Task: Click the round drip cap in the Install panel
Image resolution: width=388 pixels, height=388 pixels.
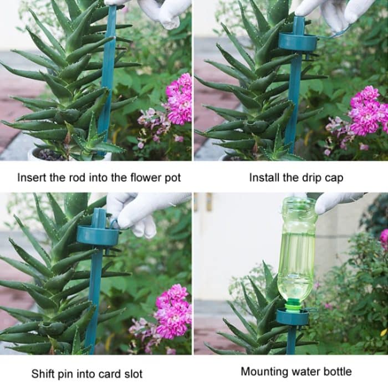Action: pyautogui.click(x=298, y=42)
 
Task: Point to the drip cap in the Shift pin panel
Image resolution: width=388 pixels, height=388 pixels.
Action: pyautogui.click(x=98, y=236)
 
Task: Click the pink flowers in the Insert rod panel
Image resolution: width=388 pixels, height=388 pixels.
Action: pyautogui.click(x=178, y=100)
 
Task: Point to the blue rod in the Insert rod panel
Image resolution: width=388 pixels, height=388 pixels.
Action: pyautogui.click(x=107, y=72)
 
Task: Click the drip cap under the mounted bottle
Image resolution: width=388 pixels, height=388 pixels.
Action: pyautogui.click(x=292, y=317)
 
